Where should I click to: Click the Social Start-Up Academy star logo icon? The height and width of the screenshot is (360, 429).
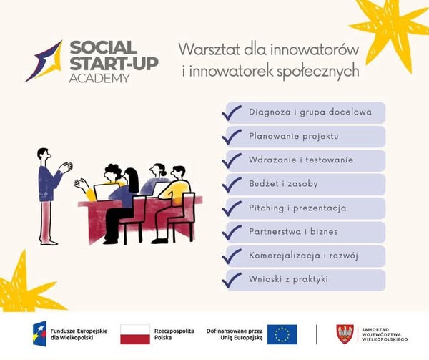pos(44,61)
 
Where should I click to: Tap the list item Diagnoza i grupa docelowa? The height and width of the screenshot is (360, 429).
pos(310,112)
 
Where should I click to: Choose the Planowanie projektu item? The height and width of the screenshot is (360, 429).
pos(293,136)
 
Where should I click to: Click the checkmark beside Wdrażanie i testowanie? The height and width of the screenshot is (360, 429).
pos(232,160)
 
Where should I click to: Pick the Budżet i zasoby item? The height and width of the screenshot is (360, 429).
pos(283,184)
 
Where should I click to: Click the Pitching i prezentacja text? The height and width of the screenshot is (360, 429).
pos(297,208)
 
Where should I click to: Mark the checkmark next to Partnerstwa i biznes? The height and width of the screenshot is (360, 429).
pos(232,232)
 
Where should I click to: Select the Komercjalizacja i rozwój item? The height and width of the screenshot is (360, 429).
pos(303,256)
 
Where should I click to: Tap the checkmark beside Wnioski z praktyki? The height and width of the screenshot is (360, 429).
pos(232,280)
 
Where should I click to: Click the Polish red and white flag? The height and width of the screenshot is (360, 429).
pos(134,334)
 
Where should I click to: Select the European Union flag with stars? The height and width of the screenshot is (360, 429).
pos(282,334)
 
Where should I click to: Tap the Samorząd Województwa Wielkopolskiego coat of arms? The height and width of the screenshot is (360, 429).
pos(345,334)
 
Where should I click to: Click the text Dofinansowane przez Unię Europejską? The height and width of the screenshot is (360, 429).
pos(235,334)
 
